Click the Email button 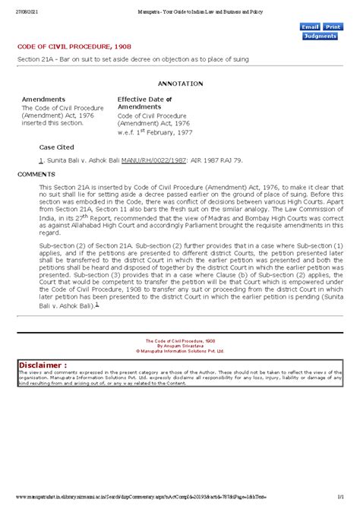click(x=310, y=27)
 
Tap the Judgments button click(x=320, y=36)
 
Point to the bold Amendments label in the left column click(x=43, y=100)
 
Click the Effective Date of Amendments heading click(x=144, y=103)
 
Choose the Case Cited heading click(x=58, y=146)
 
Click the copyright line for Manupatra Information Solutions click(x=180, y=353)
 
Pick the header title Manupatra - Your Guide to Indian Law click(x=180, y=5)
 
